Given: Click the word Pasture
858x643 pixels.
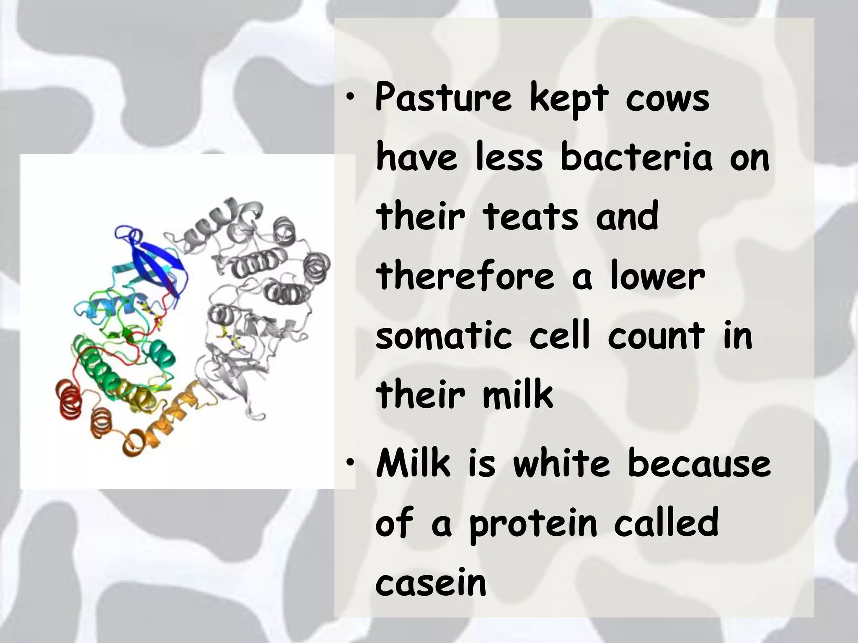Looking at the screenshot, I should click(x=443, y=99).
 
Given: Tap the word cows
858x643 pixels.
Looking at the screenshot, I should click(x=668, y=99).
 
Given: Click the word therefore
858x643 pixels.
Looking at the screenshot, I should click(x=465, y=276).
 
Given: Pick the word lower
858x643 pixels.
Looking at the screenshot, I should click(x=658, y=276).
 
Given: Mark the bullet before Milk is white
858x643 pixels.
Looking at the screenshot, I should click(x=351, y=463).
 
